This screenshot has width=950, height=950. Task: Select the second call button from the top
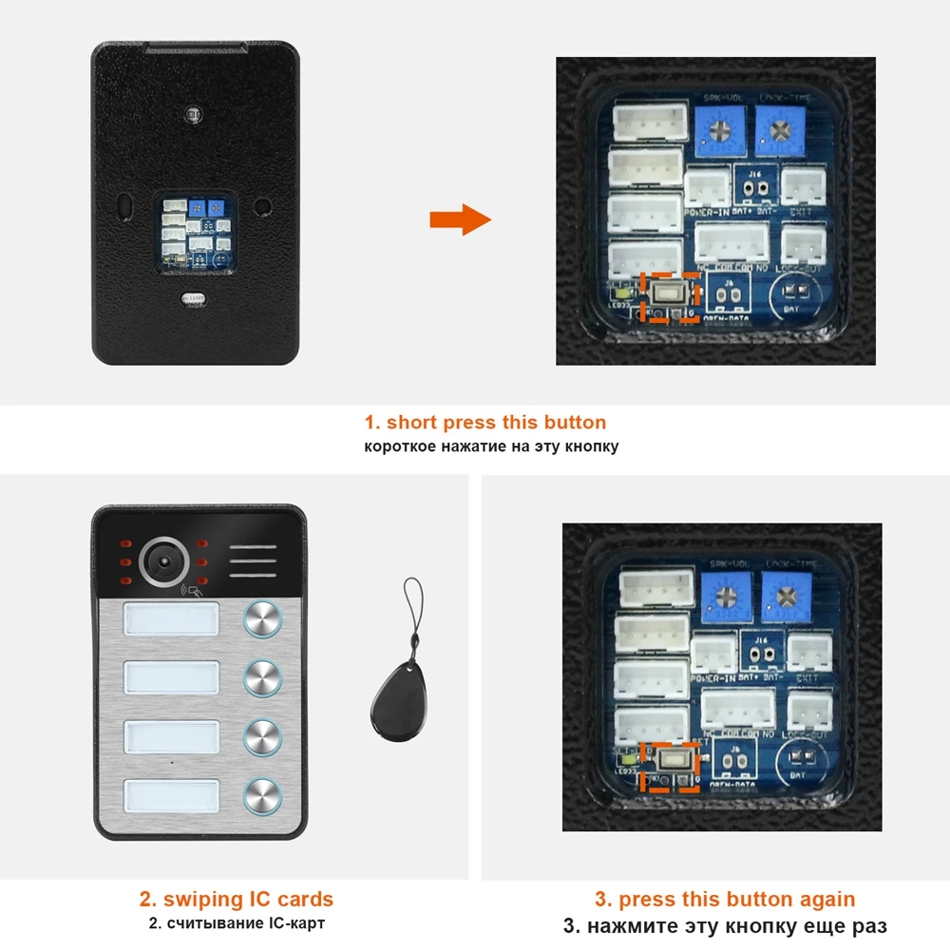pos(262,677)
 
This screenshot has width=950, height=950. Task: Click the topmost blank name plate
pos(172,621)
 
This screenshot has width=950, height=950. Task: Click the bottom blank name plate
pos(172,795)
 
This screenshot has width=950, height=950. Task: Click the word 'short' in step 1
pos(411,423)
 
